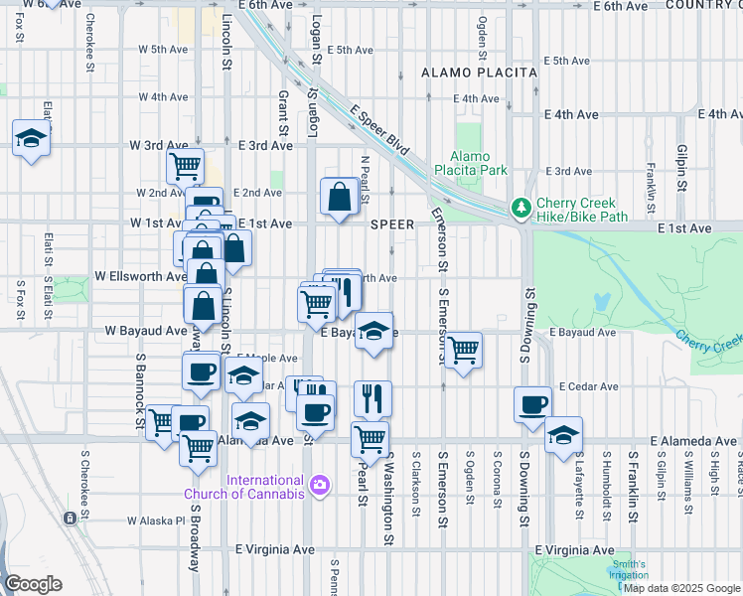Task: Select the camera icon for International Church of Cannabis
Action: [320, 485]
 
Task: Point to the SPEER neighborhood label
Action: [391, 224]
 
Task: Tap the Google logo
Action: [32, 584]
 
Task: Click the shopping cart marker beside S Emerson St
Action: [463, 350]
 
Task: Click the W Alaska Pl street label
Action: [156, 520]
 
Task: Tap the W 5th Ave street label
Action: [164, 49]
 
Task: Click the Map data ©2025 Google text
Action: [681, 588]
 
